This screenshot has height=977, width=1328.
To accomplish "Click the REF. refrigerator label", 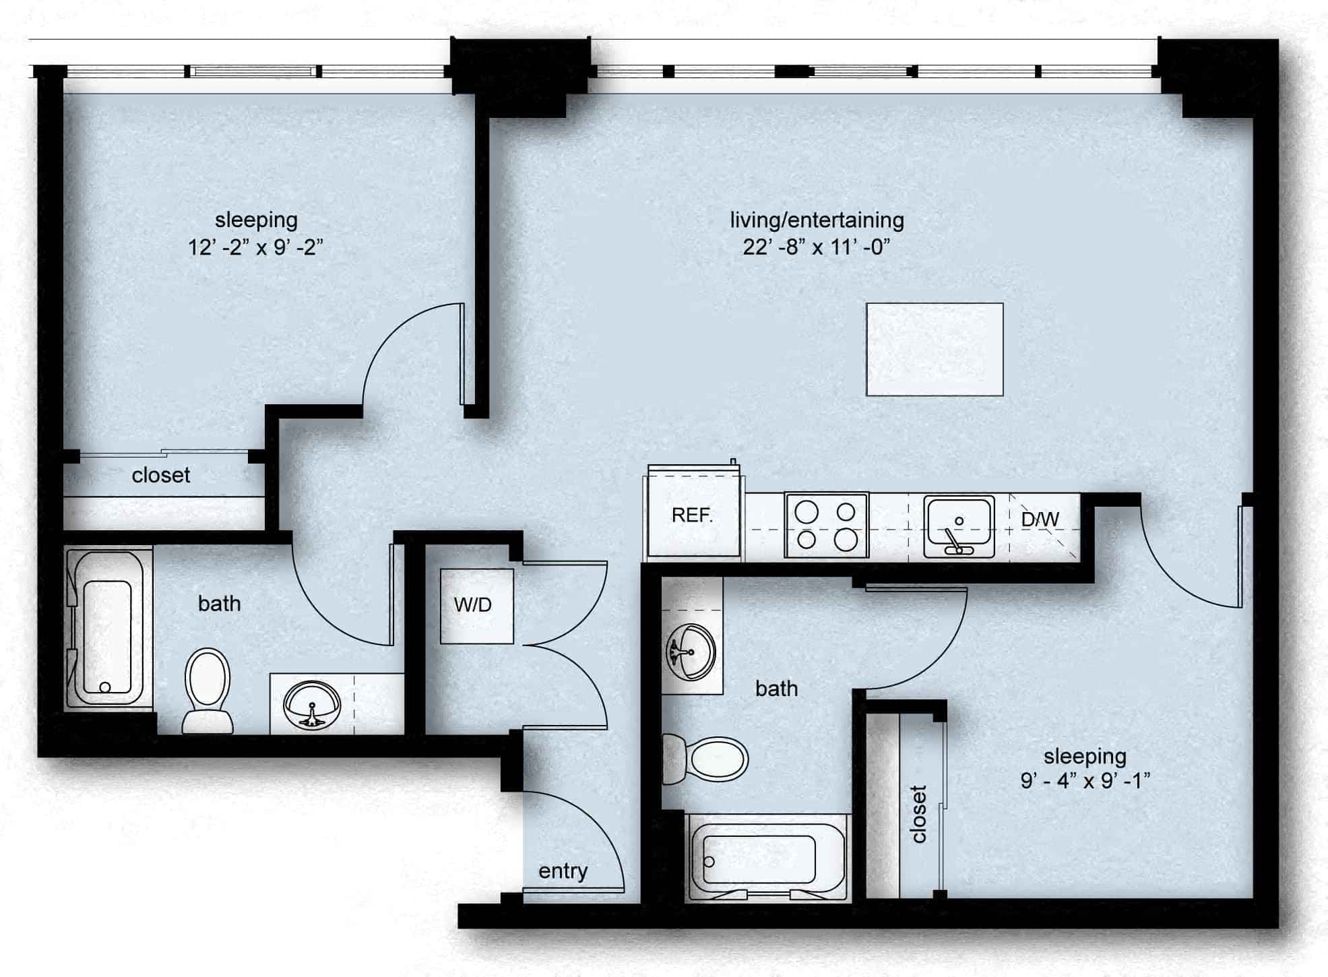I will pos(692,515).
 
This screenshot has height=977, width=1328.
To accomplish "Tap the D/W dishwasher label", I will pos(1040,519).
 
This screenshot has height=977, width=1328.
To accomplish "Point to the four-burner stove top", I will pos(827,526).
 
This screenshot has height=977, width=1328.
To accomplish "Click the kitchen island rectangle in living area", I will pos(935,349).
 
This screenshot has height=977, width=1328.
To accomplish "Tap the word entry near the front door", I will pos(563,871).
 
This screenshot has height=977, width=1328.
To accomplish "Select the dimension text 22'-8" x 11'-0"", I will pos(817,247).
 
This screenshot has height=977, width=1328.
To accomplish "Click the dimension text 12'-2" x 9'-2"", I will pos(255,247).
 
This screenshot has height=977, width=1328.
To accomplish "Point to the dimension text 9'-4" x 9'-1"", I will pos(1085,781).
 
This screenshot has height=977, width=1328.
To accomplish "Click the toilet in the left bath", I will pos(208,691).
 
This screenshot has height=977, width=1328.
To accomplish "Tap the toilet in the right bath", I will pos(707,759).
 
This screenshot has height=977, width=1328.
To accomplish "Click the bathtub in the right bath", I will pos(759,860).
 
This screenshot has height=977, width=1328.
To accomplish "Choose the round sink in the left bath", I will pos(312,704).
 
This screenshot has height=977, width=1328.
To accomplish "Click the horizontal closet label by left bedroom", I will pos(160,476).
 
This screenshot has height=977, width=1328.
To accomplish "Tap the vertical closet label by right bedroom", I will pos(918,813).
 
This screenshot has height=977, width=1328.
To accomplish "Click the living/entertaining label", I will pos(817,220).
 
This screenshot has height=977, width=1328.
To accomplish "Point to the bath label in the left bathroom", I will pos(219,604).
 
